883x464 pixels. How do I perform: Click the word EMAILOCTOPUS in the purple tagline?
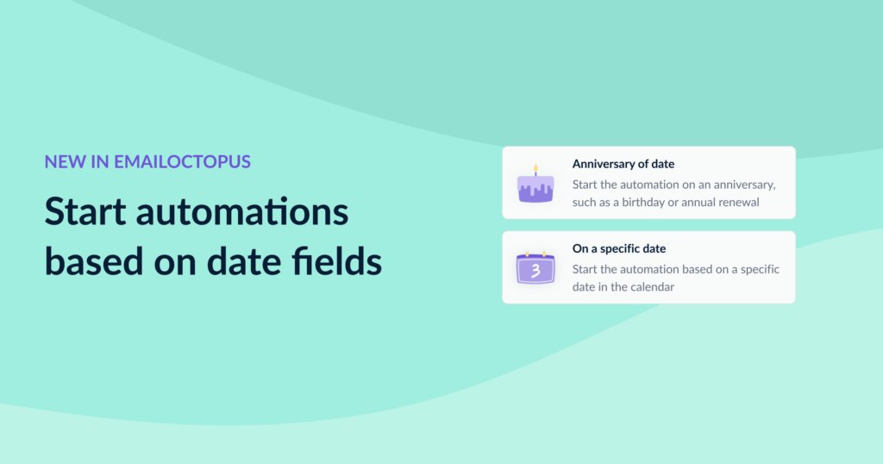(x=182, y=161)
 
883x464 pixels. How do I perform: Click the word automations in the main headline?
(x=251, y=212)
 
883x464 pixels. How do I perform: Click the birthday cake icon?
(x=535, y=185)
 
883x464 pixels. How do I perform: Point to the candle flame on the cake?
(x=535, y=166)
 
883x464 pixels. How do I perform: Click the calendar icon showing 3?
(x=535, y=268)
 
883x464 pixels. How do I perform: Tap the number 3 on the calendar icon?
(x=535, y=271)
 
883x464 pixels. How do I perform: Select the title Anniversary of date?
(x=623, y=164)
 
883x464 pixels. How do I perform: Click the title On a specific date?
(x=618, y=248)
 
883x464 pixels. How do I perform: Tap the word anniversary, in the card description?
(x=746, y=185)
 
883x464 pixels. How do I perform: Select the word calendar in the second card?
(x=654, y=286)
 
